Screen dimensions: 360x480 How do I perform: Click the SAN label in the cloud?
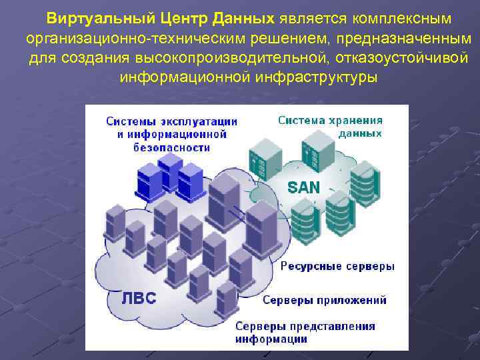(304, 187)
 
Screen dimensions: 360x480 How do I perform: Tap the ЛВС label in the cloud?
(139, 298)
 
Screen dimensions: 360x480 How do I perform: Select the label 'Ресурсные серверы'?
(337, 266)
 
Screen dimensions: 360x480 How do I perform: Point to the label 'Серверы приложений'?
(324, 300)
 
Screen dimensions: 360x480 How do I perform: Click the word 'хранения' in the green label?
(357, 121)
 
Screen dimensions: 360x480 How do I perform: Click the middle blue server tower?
(171, 170)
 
